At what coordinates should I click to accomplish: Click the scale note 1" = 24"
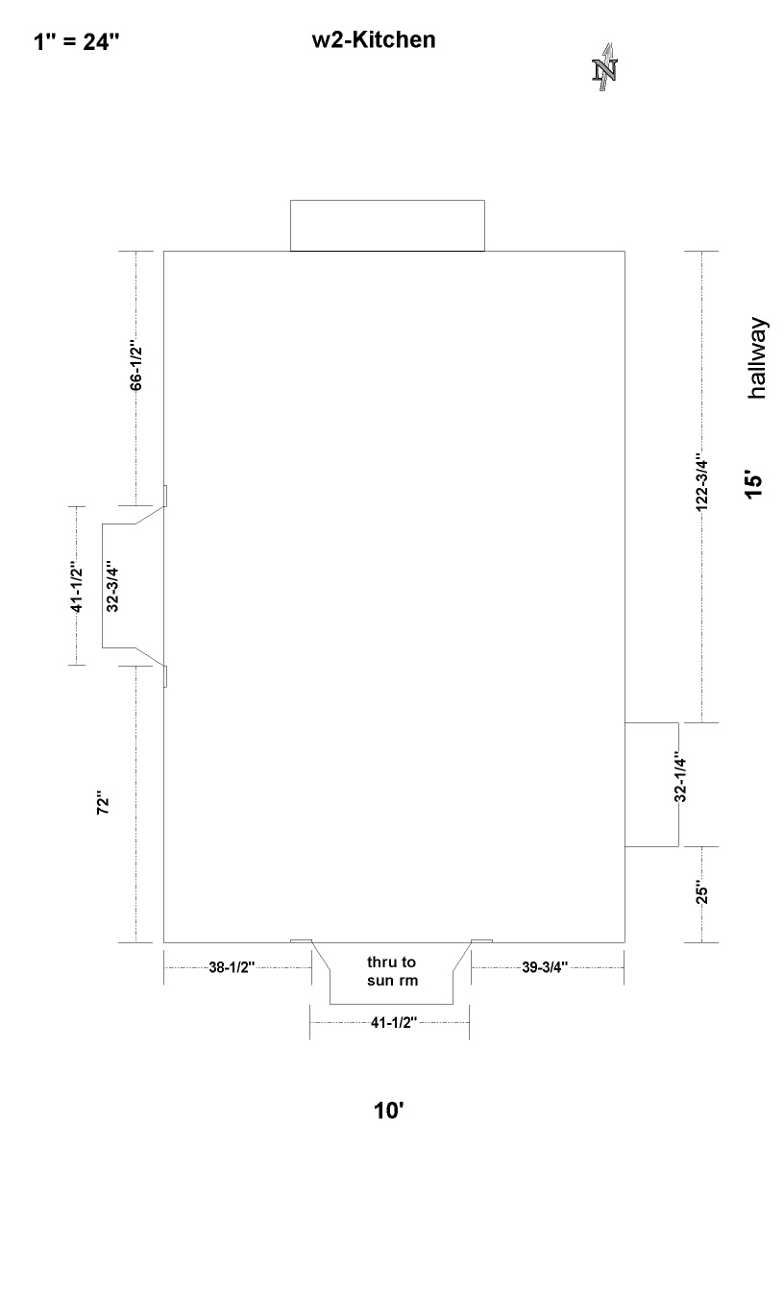[76, 42]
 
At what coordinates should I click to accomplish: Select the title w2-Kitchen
[374, 39]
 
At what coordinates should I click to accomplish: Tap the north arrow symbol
[604, 67]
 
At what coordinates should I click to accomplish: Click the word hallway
[757, 357]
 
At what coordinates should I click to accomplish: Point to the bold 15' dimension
[753, 485]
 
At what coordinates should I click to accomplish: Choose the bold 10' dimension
[388, 1110]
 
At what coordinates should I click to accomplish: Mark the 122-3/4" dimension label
[701, 482]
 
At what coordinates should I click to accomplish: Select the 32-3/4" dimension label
[112, 586]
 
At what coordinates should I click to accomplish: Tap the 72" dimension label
[103, 802]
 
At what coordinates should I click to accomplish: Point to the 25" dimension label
[701, 891]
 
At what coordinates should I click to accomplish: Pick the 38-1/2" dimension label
[232, 967]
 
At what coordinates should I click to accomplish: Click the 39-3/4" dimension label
[545, 967]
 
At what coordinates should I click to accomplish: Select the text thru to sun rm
[392, 971]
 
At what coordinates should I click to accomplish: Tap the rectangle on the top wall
[387, 226]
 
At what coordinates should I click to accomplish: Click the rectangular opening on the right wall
[651, 785]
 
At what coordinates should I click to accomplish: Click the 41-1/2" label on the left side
[77, 586]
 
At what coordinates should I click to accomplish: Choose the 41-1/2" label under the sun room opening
[394, 1022]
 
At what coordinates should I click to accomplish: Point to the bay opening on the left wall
[103, 586]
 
